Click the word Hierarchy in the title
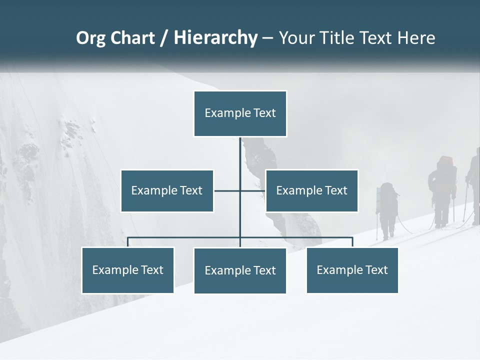pos(215,38)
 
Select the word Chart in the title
pos(132,38)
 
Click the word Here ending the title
pos(416,38)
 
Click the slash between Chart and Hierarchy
pos(164,38)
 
